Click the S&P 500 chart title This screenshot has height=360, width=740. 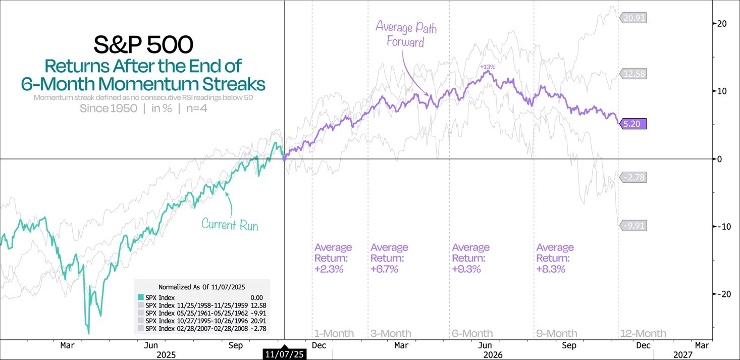click(x=143, y=45)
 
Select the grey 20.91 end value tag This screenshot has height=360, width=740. click(x=634, y=18)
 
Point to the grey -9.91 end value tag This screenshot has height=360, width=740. click(x=634, y=226)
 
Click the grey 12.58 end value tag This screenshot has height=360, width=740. click(x=634, y=74)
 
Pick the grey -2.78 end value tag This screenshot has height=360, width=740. click(x=634, y=177)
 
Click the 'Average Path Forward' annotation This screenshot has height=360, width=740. click(x=406, y=34)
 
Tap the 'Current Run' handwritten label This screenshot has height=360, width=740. click(x=230, y=224)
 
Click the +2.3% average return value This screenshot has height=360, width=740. click(x=329, y=269)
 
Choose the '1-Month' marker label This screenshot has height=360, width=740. click(x=334, y=334)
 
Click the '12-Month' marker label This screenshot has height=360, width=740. click(x=643, y=334)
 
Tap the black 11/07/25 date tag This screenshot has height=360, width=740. click(x=285, y=355)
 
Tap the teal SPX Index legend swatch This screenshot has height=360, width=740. click(x=139, y=298)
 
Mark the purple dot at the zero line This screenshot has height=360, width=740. click(x=285, y=159)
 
